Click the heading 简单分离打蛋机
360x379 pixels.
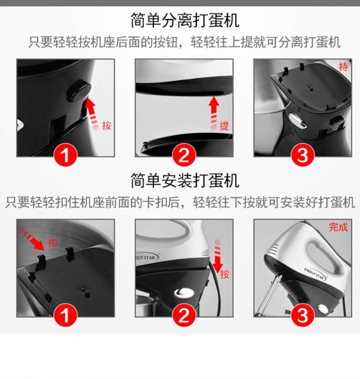[185, 20]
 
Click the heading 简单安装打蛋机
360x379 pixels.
[185, 181]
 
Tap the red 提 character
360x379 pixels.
[224, 126]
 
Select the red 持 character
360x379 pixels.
[343, 67]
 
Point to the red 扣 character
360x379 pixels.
[52, 243]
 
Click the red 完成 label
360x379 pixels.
[338, 227]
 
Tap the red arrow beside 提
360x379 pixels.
[214, 112]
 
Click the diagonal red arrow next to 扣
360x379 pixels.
[32, 239]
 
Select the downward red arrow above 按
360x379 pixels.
[218, 256]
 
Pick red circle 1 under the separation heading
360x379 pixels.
[65, 155]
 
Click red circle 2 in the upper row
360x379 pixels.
[184, 155]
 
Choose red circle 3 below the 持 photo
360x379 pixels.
[302, 155]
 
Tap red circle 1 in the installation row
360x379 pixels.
[65, 315]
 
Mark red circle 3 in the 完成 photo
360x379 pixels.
[302, 315]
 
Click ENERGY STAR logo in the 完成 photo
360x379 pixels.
[315, 274]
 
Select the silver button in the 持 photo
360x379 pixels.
[298, 121]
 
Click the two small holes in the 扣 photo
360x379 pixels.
[85, 292]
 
